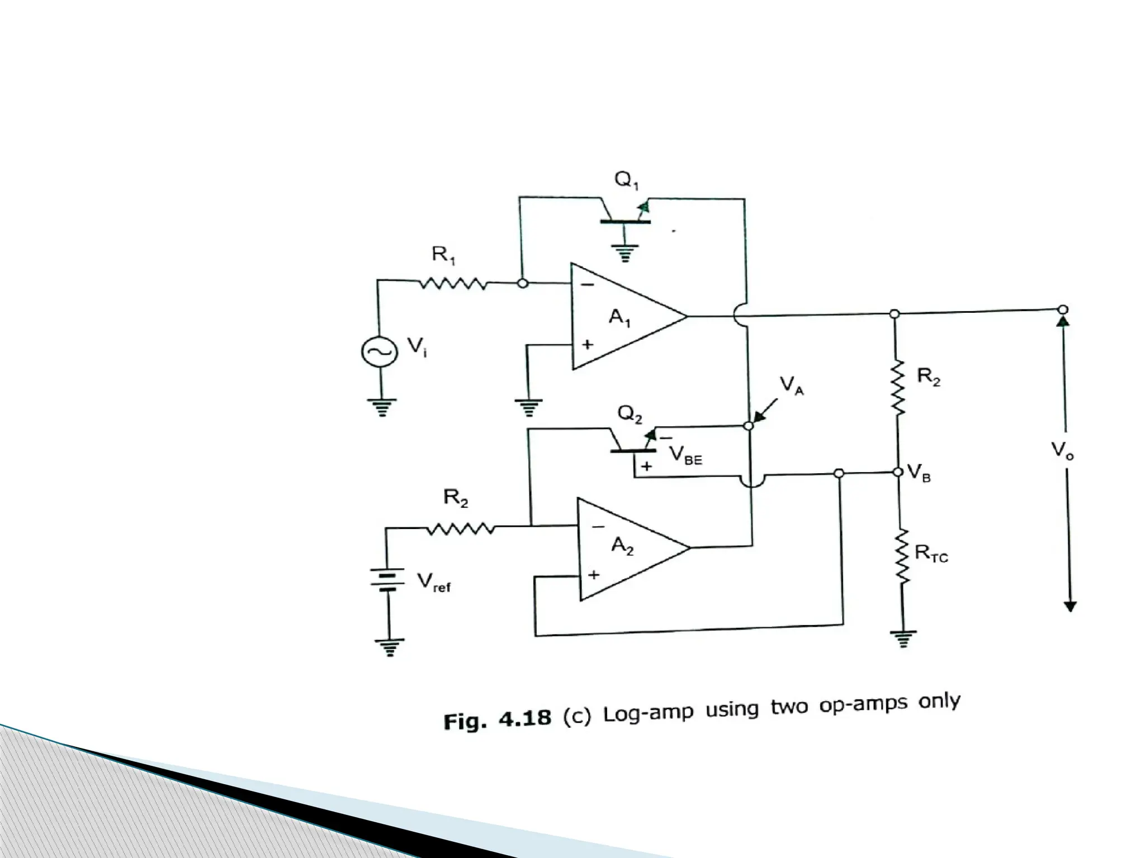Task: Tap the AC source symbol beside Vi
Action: coord(380,351)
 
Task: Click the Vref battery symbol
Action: coord(386,581)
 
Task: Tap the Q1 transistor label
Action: coord(626,180)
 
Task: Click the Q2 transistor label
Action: coord(630,414)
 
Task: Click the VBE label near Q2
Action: coord(685,457)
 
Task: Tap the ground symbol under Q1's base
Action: coord(625,254)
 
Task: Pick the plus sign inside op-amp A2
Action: coord(594,574)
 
